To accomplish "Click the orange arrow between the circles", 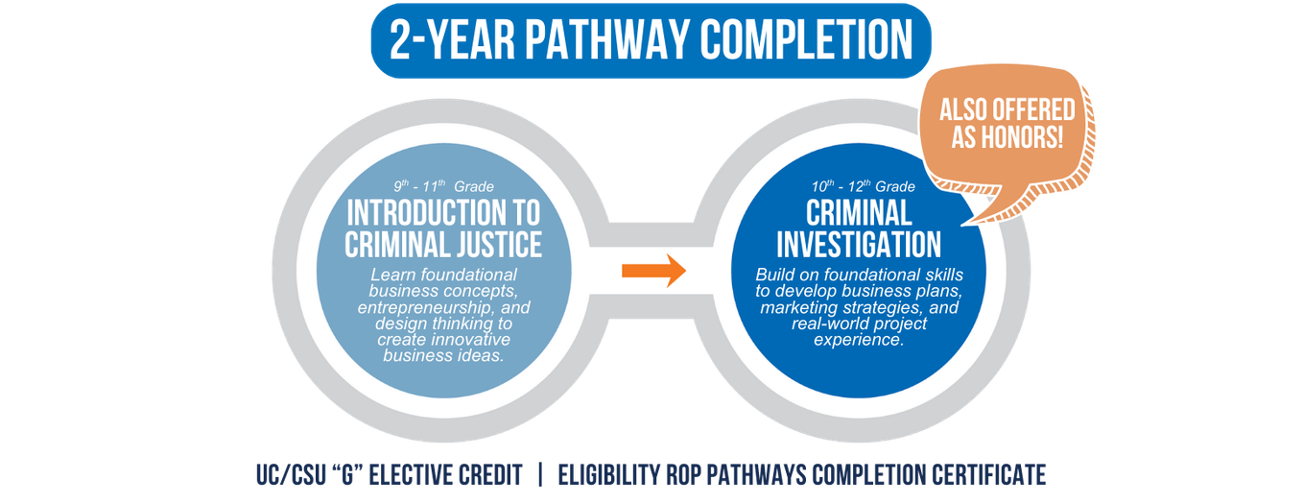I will click(x=653, y=270).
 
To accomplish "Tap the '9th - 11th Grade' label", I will click(x=443, y=186).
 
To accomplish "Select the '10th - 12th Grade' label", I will click(x=859, y=186).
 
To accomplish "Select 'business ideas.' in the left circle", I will click(x=443, y=355).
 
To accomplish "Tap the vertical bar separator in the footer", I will click(x=540, y=474).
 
